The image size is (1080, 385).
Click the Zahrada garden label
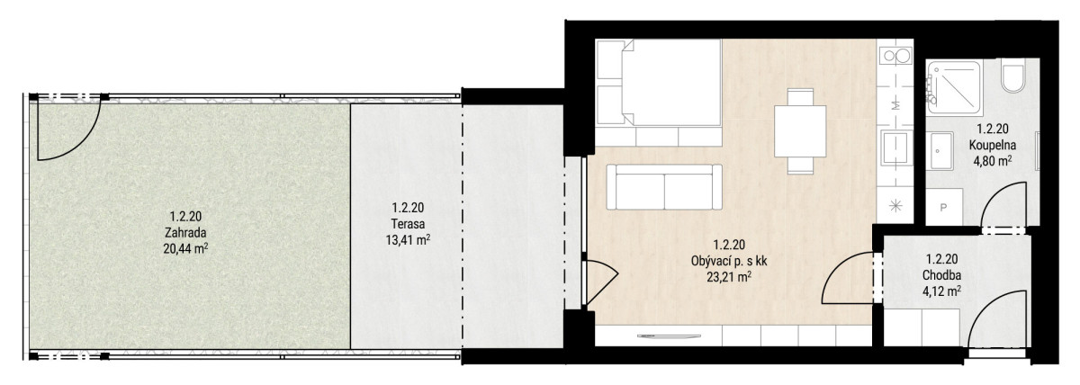(185, 233)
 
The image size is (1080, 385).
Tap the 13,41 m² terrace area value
(408, 239)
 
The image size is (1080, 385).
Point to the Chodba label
(941, 275)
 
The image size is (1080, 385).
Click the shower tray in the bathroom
(955, 87)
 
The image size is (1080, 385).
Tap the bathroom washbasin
(941, 151)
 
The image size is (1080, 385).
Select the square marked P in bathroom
(943, 207)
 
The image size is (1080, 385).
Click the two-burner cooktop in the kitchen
(895, 57)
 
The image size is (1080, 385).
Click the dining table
(800, 130)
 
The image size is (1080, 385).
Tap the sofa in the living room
(664, 187)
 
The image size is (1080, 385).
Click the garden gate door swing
(69, 127)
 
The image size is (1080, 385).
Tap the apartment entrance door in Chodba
(998, 319)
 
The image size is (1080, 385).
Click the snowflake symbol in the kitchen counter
(895, 206)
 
